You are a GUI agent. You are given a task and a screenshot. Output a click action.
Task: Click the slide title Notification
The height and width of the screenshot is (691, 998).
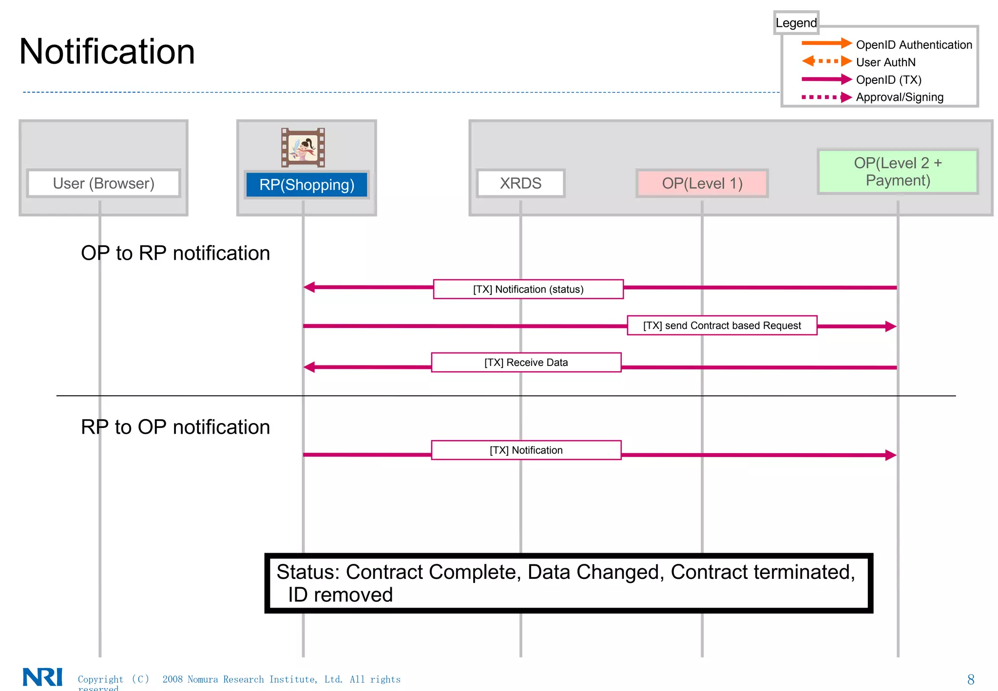tap(107, 52)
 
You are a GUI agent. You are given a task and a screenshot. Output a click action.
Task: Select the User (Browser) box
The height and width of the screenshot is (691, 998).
tap(103, 183)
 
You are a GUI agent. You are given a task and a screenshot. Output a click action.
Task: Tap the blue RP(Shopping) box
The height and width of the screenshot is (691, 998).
tap(307, 185)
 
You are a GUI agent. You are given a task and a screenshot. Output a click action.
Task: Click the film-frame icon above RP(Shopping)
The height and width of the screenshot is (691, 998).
tap(303, 148)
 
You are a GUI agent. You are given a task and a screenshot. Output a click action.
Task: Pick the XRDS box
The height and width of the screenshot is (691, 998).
tap(520, 183)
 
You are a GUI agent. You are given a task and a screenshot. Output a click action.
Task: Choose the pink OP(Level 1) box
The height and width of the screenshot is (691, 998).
tap(702, 183)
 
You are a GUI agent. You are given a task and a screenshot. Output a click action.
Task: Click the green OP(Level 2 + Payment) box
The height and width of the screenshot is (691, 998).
tap(898, 172)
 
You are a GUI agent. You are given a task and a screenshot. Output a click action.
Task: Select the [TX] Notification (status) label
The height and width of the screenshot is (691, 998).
tap(528, 289)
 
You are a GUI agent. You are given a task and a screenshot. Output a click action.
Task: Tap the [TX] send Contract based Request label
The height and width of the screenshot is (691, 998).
tap(722, 326)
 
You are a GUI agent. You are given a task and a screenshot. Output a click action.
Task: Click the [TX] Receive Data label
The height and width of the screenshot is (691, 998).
tap(526, 363)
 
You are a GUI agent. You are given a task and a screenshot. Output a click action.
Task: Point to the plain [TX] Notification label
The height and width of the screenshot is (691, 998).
tap(526, 450)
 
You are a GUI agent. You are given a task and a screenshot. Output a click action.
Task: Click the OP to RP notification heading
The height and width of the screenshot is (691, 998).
tap(175, 253)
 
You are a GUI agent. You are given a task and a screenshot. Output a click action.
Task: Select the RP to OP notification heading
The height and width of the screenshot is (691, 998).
tap(175, 427)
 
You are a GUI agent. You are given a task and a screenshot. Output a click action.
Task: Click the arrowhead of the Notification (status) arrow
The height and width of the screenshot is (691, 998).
tap(309, 287)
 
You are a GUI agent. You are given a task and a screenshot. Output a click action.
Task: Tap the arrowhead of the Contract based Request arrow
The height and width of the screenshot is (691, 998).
tap(890, 326)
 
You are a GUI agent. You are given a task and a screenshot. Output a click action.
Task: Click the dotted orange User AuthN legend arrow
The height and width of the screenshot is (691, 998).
tap(826, 61)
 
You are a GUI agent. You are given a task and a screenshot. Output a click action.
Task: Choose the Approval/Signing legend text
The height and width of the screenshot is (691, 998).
tap(900, 97)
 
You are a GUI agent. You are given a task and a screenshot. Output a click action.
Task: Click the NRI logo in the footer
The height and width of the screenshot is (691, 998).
tap(43, 677)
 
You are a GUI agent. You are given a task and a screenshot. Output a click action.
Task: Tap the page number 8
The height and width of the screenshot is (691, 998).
tap(970, 679)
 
